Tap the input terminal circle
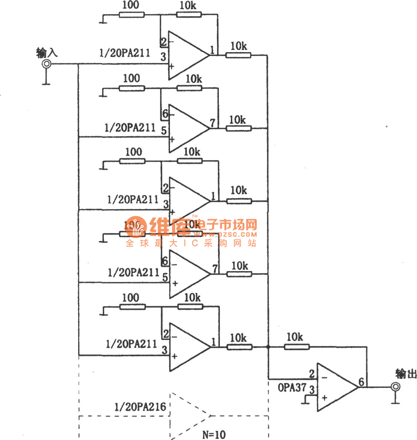click(46, 64)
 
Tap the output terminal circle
click(396, 387)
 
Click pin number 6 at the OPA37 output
click(361, 382)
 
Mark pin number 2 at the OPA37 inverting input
click(311, 374)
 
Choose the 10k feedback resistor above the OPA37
click(298, 346)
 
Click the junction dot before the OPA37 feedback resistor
click(268, 346)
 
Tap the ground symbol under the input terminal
click(46, 82)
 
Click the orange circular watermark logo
click(136, 227)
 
